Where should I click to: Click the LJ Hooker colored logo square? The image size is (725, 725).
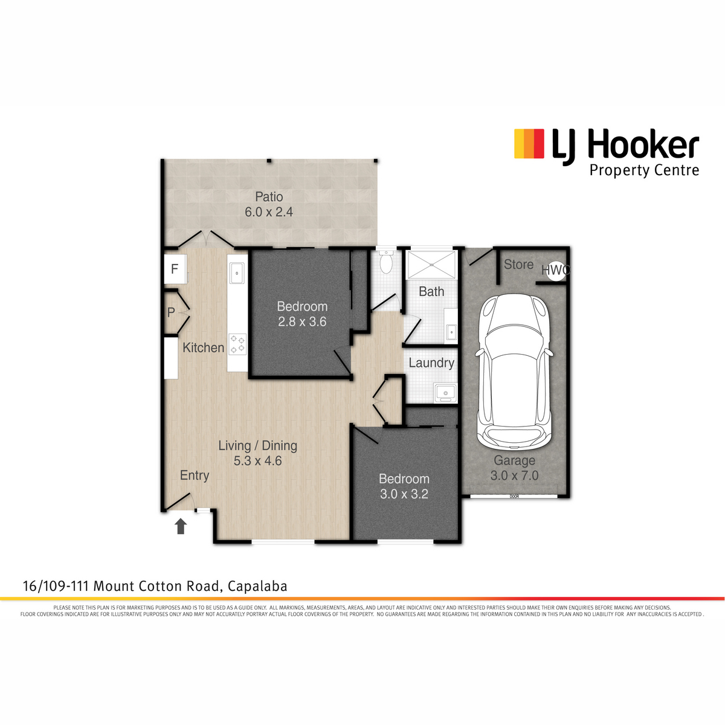(529, 144)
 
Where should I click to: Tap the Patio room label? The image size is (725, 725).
(269, 196)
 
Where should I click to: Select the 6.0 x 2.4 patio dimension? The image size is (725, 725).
(269, 212)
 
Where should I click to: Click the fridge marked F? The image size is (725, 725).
(175, 269)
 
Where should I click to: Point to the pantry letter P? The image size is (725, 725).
(171, 312)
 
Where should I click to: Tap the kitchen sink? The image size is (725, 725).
(237, 273)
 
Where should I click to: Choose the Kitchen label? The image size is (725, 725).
(203, 347)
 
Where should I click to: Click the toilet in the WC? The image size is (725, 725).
(385, 262)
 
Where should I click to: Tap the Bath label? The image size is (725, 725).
(431, 291)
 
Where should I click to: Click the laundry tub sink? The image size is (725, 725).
(445, 393)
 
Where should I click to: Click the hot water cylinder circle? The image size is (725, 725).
(556, 271)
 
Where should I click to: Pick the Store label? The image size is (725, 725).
(518, 265)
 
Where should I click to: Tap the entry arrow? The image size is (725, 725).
(181, 526)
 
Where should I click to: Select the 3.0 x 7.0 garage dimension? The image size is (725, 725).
(514, 475)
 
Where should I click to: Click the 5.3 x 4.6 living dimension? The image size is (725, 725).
(258, 460)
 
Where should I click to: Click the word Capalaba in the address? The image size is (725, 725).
(258, 586)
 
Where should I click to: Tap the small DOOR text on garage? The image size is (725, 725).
(514, 496)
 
